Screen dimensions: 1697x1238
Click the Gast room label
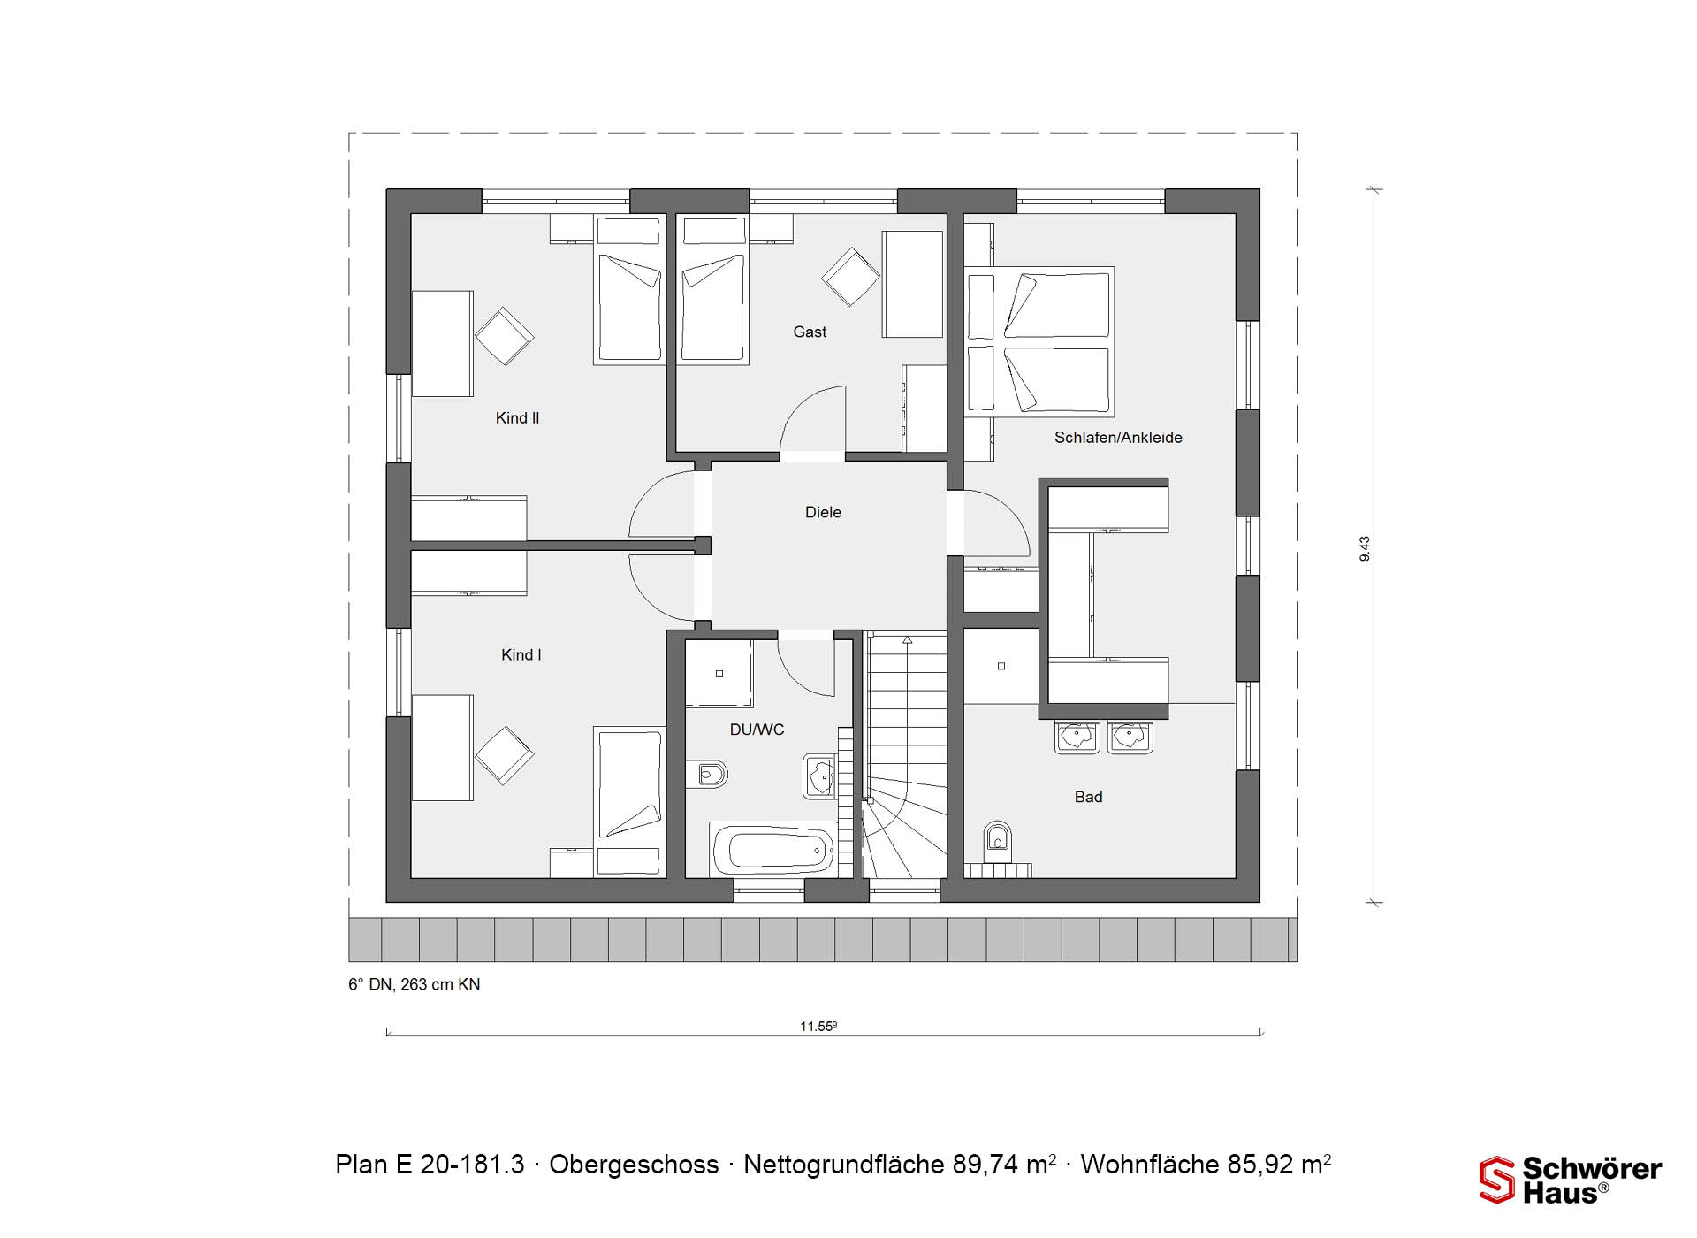[x=810, y=332]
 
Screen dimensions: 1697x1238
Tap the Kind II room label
[x=517, y=417]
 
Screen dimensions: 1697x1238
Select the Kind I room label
[x=521, y=654]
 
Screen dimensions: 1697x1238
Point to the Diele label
[x=823, y=512]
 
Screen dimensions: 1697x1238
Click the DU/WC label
[x=757, y=730]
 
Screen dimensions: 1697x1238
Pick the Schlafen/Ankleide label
[x=1118, y=438]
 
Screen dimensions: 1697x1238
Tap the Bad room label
[x=1088, y=797]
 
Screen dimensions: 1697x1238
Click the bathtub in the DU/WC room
[x=772, y=850]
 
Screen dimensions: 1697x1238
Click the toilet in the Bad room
[x=998, y=837]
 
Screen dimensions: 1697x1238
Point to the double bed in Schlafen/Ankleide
[x=1039, y=341]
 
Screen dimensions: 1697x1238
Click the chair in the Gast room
[x=850, y=277]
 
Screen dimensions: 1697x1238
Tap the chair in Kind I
[x=504, y=755]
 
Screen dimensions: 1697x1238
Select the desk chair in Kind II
[x=504, y=336]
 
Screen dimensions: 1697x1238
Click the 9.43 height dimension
[x=1365, y=548]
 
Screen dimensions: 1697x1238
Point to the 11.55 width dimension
[x=818, y=1026]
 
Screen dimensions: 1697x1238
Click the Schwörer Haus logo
[x=1571, y=1180]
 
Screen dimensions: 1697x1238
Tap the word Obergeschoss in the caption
[x=634, y=1165]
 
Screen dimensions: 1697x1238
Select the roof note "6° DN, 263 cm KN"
[x=415, y=984]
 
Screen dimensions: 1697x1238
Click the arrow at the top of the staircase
[x=906, y=640]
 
